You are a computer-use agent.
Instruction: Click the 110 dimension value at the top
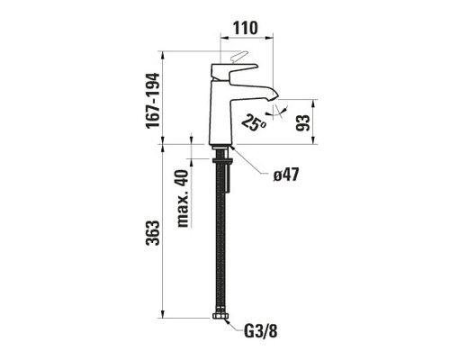click(244, 27)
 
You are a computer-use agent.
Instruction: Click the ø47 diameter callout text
click(286, 174)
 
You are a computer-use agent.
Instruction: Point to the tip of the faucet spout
click(266, 95)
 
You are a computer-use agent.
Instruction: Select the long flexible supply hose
click(219, 243)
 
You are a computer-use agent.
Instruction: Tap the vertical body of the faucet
click(221, 112)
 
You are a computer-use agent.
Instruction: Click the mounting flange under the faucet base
click(221, 148)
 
